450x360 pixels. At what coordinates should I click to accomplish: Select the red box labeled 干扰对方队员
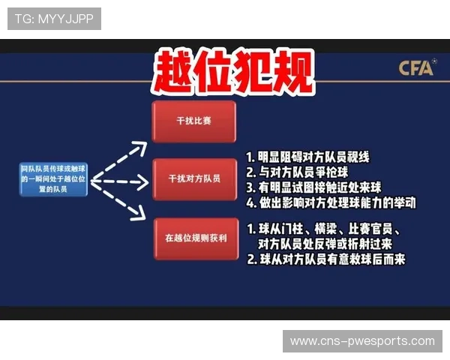pos(193,178)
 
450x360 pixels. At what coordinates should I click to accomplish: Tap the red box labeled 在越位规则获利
pos(194,238)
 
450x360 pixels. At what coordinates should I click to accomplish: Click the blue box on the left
pos(54,180)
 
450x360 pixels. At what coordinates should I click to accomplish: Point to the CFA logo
pos(416,68)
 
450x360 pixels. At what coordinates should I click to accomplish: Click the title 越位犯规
pos(232,73)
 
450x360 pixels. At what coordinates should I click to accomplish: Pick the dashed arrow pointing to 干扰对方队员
pos(120,181)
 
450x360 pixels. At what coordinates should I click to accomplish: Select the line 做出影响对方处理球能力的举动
pos(331,203)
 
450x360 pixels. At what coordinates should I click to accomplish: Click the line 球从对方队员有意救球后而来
pos(325,259)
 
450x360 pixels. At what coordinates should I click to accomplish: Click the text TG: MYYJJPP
pos(54,18)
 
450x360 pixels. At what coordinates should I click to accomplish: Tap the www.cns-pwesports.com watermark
pos(362,341)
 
